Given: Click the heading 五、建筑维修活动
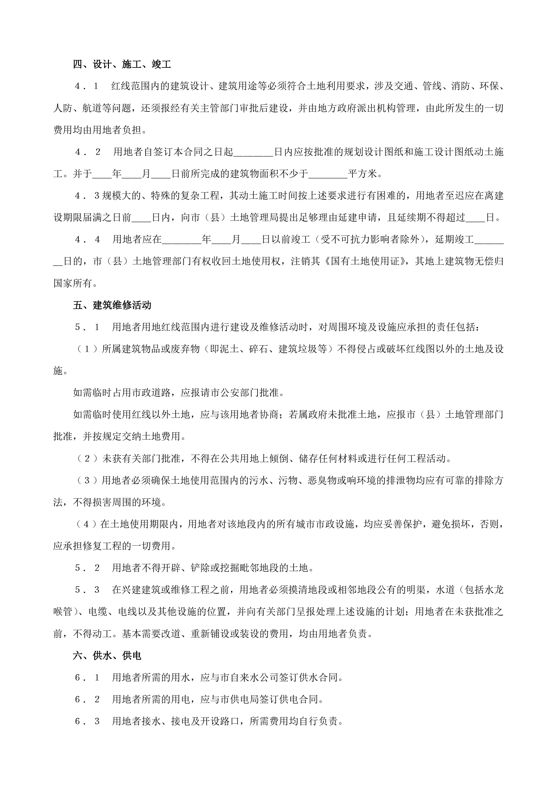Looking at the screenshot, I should (x=112, y=305).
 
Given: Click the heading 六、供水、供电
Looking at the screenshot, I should (x=107, y=656).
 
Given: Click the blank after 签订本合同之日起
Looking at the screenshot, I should (x=253, y=152).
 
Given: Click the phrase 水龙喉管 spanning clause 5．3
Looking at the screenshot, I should (x=494, y=590).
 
